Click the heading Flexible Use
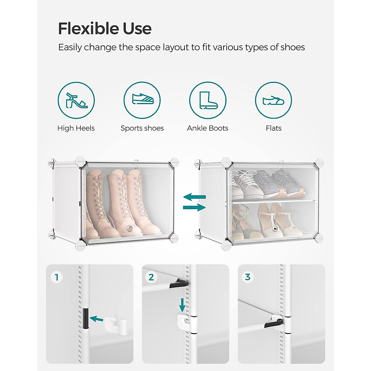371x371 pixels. [104, 28]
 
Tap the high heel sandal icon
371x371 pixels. [76, 100]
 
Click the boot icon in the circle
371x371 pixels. [208, 100]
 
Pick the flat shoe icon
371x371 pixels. [273, 100]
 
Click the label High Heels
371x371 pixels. [76, 128]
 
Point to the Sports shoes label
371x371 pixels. [142, 128]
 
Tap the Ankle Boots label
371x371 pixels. [208, 128]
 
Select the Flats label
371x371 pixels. [274, 128]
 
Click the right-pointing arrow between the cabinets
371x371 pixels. [194, 207]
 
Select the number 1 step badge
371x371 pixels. [57, 277]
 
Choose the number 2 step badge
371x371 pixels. [151, 277]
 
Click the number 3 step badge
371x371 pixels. [248, 277]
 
